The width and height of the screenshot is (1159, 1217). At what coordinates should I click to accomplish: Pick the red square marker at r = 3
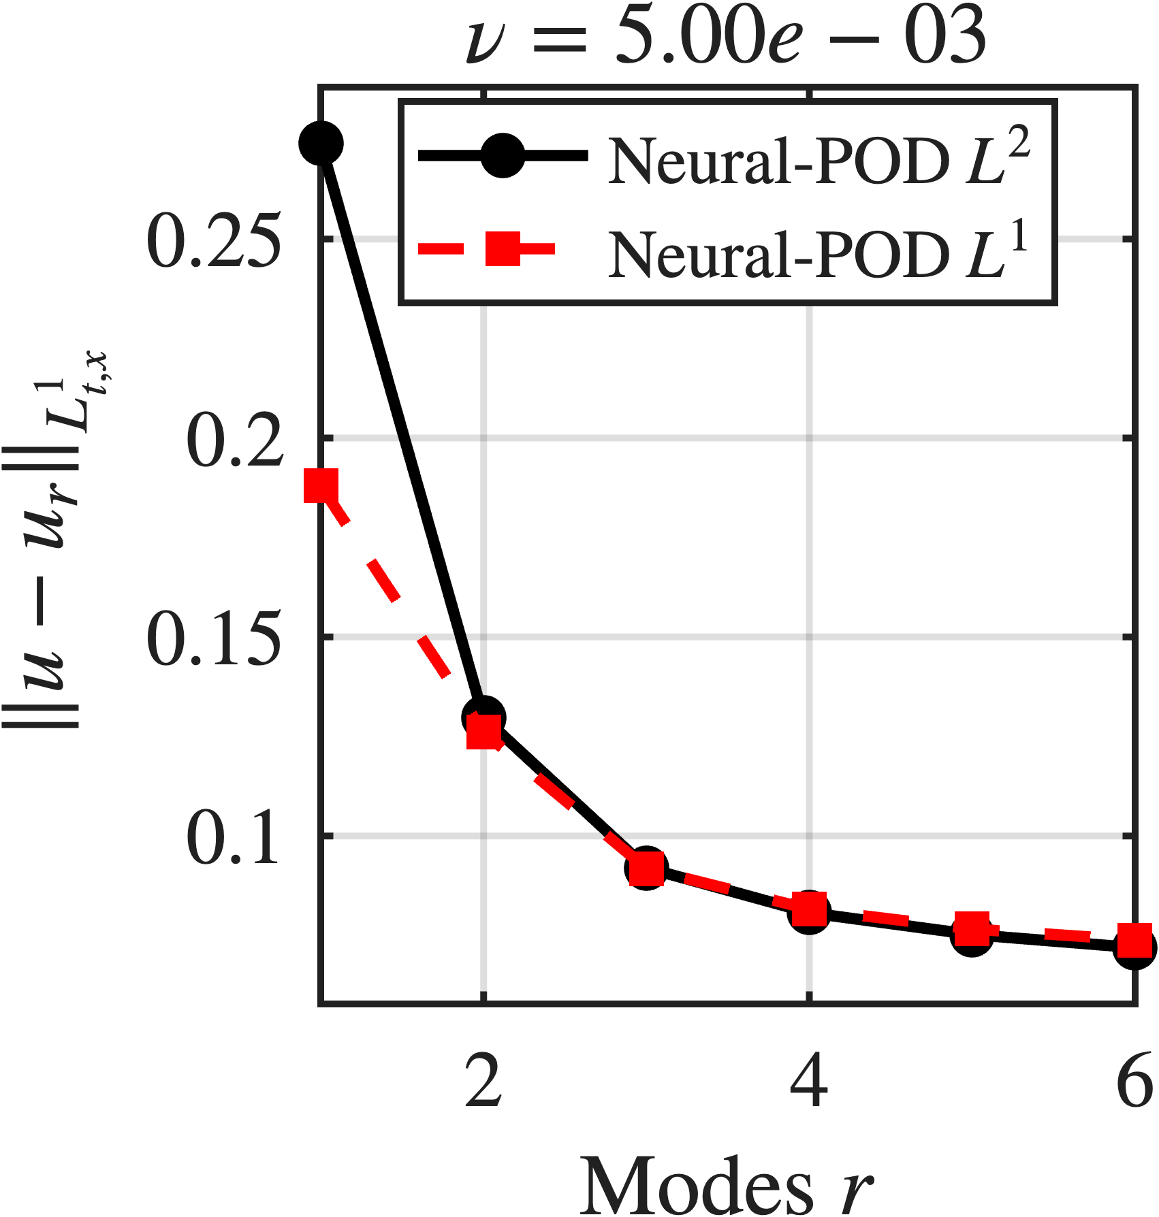tap(646, 869)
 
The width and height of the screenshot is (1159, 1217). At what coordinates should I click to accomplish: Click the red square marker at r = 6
tap(1134, 941)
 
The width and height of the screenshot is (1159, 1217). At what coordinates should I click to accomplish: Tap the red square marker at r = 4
tap(809, 909)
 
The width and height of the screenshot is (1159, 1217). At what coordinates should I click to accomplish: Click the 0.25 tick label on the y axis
tap(214, 240)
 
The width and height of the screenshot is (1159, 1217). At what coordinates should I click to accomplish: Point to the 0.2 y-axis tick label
tap(234, 440)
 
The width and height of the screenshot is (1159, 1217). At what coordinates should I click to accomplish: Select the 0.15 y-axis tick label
tap(214, 638)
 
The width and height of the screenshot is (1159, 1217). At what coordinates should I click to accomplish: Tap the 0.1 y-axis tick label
tap(234, 837)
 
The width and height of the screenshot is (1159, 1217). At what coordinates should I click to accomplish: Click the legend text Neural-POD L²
tap(817, 158)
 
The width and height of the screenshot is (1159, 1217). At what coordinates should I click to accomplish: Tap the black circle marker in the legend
tap(503, 156)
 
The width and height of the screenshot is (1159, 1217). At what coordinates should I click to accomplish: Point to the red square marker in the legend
tap(503, 248)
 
